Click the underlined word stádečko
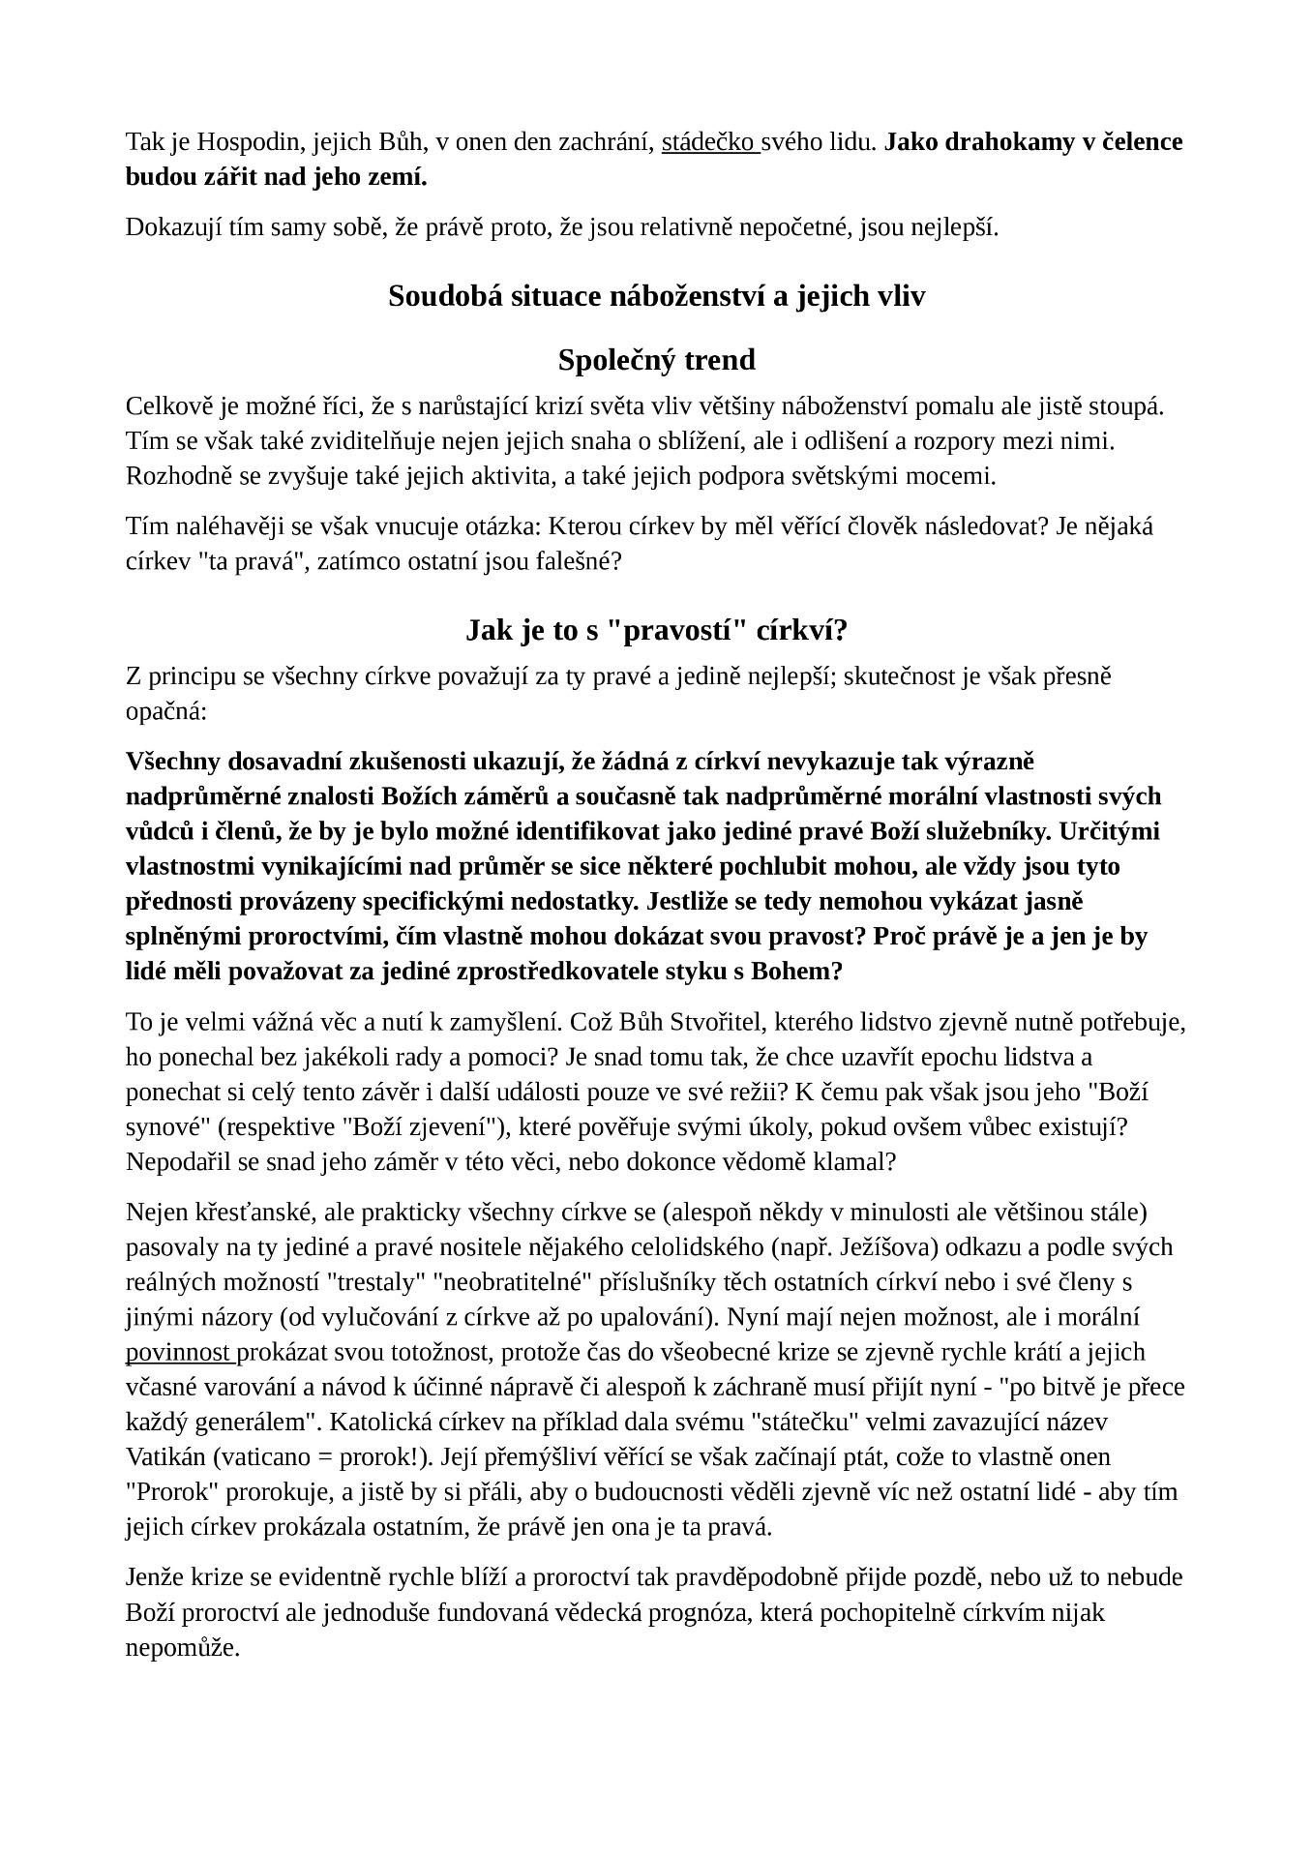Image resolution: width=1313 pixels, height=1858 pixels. (708, 143)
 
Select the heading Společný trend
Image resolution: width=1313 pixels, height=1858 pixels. (656, 360)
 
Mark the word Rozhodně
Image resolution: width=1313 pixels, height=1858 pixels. (171, 476)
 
